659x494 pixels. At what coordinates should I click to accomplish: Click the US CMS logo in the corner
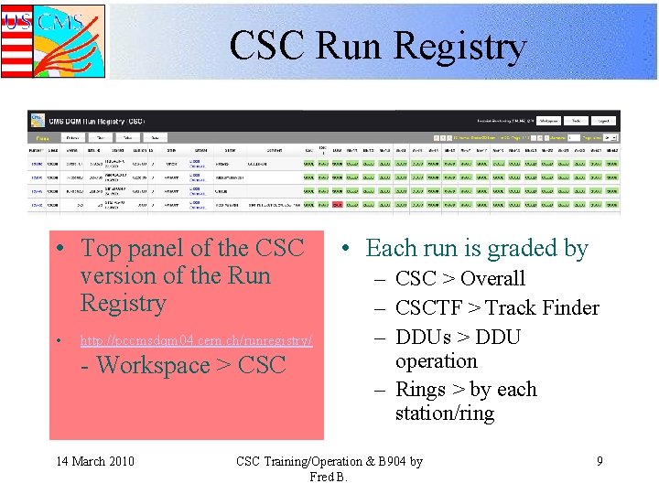tap(52, 40)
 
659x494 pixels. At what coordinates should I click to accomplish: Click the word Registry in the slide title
tap(465, 47)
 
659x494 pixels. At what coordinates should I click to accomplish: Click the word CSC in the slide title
tap(268, 47)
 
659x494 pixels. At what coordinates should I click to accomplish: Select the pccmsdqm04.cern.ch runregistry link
tap(196, 340)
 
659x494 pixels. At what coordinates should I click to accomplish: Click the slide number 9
tap(600, 461)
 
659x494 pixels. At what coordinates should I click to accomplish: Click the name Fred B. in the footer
tap(329, 477)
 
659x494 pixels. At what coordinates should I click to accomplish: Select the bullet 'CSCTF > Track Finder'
tap(497, 308)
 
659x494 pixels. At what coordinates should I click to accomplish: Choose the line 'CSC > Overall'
tap(459, 279)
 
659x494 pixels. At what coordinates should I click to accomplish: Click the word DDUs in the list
tap(420, 338)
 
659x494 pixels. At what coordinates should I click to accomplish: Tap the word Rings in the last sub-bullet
tap(423, 390)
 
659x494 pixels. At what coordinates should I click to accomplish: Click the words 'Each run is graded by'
tap(477, 249)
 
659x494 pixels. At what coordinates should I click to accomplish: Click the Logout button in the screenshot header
tap(603, 120)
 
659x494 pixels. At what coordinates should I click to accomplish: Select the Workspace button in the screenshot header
tap(547, 120)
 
